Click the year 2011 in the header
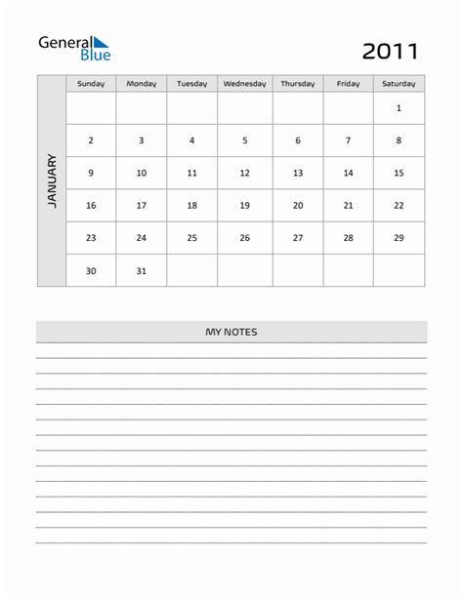[391, 51]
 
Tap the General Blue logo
[74, 48]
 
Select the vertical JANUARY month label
[52, 180]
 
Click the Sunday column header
[91, 84]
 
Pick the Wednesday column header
[244, 84]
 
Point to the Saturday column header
[399, 84]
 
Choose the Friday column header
[348, 84]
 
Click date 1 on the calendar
[399, 108]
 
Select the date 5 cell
[244, 140]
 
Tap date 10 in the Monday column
[141, 173]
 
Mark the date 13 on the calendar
[298, 173]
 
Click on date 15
[399, 173]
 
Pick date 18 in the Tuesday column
[191, 206]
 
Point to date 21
[348, 206]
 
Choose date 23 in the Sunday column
[91, 238]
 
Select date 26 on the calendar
[244, 238]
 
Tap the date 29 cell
[399, 238]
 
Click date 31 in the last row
[141, 271]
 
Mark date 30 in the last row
[91, 271]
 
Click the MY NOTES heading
[231, 333]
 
